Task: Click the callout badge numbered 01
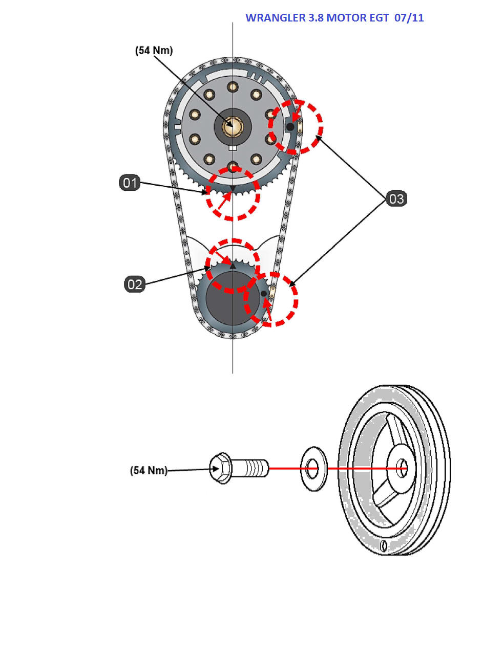[130, 182]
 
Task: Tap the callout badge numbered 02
[135, 284]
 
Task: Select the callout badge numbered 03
[396, 199]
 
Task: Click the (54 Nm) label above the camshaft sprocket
[154, 50]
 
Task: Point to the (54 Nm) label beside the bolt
[149, 470]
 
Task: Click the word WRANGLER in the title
[275, 18]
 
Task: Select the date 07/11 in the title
[409, 18]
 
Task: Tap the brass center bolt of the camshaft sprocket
[232, 125]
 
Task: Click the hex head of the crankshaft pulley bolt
[221, 468]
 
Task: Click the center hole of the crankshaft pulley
[403, 468]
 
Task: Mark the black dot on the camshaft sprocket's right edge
[290, 126]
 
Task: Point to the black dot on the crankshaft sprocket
[264, 293]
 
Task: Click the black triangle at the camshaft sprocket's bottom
[233, 189]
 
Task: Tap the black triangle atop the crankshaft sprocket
[233, 266]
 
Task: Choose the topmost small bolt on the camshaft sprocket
[233, 86]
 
